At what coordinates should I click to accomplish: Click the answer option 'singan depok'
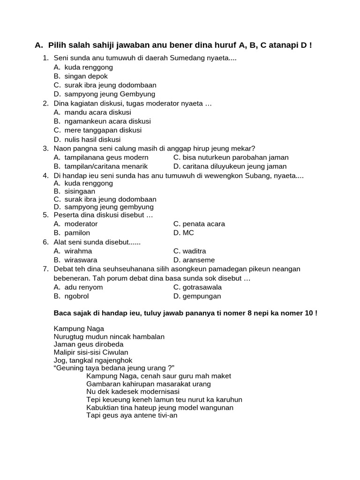tap(86, 76)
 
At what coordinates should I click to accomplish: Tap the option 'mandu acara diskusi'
tap(97, 112)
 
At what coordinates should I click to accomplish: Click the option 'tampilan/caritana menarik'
tap(106, 166)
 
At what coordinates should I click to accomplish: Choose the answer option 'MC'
tap(188, 233)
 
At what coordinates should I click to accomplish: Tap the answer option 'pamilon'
tap(77, 233)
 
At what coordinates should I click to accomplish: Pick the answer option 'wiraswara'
tap(81, 260)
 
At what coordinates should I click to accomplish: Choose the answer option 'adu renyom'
tap(83, 287)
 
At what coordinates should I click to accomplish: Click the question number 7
tap(45, 269)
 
